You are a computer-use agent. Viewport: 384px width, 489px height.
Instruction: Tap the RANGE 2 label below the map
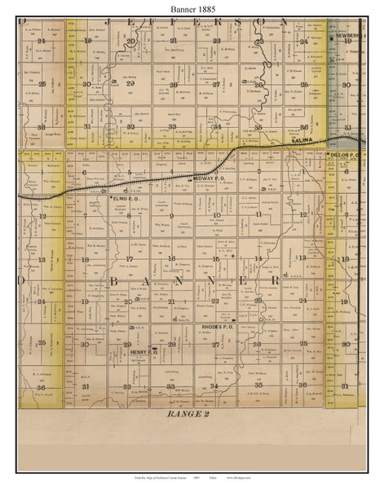tap(193, 414)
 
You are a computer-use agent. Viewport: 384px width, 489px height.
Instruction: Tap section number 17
tap(129, 258)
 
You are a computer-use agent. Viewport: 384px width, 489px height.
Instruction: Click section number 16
tap(172, 258)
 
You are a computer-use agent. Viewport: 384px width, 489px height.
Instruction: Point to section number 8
tap(129, 216)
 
